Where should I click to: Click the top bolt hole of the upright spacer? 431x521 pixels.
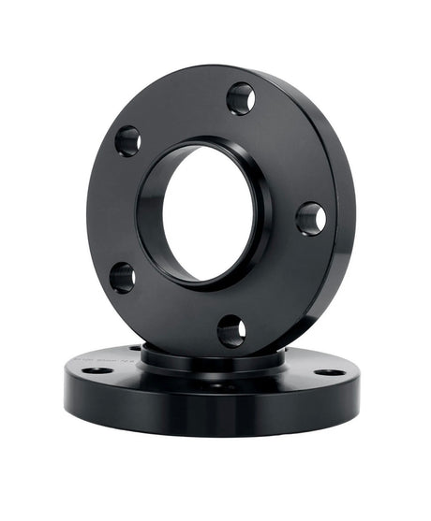point(241,97)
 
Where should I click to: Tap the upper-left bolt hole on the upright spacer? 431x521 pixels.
point(128,141)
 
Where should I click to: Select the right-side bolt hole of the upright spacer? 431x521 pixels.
point(310,219)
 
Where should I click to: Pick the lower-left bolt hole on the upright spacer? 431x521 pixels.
point(123,277)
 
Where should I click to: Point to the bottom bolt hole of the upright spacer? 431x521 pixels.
point(231,330)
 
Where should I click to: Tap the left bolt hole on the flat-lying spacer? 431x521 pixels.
point(96,370)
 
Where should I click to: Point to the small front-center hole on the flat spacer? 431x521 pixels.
point(216,384)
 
